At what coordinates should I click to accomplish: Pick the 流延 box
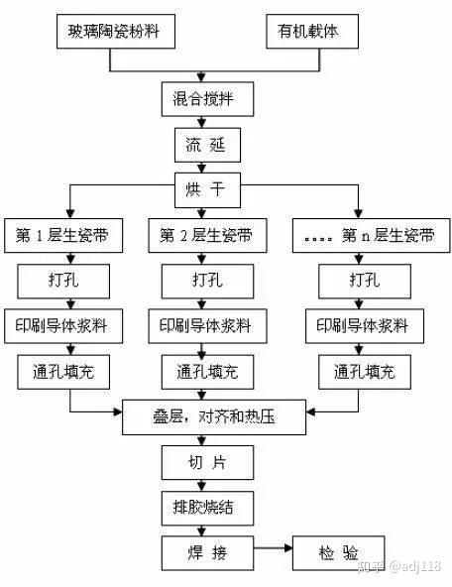click(205, 145)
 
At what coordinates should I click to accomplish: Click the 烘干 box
click(205, 189)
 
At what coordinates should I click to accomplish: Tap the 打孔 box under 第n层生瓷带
click(365, 282)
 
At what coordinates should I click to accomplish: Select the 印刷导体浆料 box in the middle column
click(205, 326)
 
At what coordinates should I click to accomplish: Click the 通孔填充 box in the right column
click(365, 372)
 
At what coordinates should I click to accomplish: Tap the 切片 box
click(205, 463)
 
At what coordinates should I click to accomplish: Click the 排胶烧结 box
click(205, 508)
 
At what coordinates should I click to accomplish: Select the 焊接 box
click(205, 551)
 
